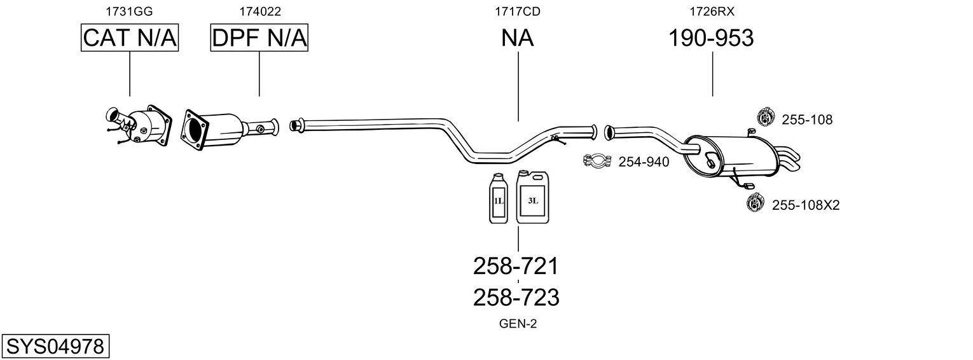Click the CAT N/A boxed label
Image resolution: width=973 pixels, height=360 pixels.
point(130,38)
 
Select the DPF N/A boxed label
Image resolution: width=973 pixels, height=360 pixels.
point(259,38)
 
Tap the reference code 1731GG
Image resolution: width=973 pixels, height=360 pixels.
point(129,11)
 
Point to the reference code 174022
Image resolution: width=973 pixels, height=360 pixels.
point(260,11)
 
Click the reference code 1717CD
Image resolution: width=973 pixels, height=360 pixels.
point(518,11)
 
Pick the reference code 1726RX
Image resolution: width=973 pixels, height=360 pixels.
point(712,11)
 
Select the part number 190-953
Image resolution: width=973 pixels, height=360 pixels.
point(711,38)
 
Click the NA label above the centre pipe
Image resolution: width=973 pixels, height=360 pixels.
point(518,38)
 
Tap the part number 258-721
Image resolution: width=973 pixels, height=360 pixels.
point(516,266)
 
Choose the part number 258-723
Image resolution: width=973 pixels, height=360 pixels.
point(516,297)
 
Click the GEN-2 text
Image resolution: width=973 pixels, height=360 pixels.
point(518,324)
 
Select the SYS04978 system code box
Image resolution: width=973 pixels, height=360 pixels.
point(55,347)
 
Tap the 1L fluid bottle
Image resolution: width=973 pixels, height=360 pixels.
point(498,198)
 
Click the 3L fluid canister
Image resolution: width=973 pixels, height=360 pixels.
point(532,197)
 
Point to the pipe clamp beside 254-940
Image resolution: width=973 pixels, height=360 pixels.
point(597,162)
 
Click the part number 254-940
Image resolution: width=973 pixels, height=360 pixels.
point(644,162)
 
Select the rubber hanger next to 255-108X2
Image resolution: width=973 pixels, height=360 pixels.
point(755,203)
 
